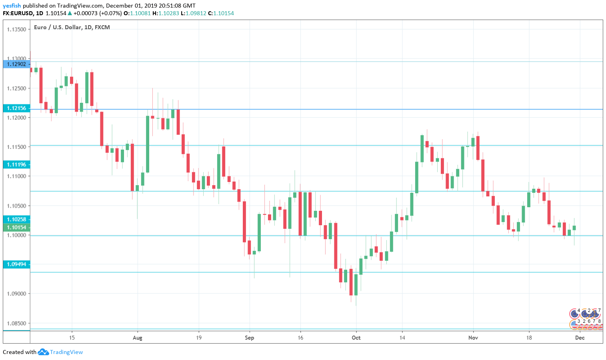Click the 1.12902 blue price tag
16,64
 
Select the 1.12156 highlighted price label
16,108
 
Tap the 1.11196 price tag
16,164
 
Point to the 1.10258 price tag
16,219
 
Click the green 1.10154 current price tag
16,227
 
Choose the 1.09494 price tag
16,264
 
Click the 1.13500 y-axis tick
16,30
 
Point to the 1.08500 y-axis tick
16,323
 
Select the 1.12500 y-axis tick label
16,88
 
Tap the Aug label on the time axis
137,338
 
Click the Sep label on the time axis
249,338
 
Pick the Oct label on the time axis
356,338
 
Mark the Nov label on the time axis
473,338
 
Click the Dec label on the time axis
580,338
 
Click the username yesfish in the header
12,6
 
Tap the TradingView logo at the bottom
60,352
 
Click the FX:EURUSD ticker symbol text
18,13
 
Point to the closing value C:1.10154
221,13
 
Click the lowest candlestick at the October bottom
356,284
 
